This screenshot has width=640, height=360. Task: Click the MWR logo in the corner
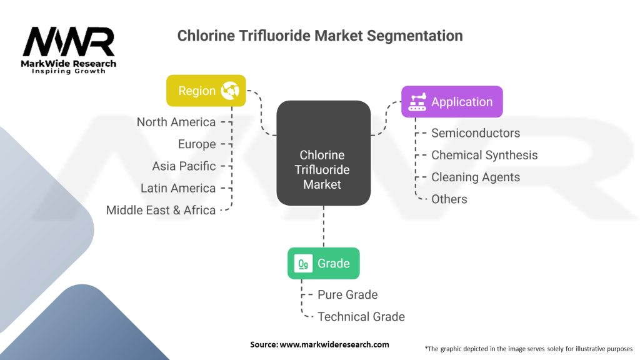69,49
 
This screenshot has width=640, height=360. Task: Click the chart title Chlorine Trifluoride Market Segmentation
320,36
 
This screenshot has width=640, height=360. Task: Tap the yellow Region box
206,91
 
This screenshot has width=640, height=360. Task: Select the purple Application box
451,102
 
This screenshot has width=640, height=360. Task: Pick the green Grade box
323,263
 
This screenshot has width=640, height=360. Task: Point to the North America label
176,122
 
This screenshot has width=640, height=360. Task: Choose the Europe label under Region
197,144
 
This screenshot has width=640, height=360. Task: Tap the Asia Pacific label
184,166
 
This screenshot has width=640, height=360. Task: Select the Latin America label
178,187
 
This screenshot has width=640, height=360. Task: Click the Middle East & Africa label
161,210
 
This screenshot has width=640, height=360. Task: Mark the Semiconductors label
476,132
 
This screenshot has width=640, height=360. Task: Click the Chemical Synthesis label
484,155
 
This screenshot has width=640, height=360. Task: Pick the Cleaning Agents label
476,177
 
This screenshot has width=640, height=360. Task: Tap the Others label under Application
449,199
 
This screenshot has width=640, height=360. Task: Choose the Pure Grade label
347,294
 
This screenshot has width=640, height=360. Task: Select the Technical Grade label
361,316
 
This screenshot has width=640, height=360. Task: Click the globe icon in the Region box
229,91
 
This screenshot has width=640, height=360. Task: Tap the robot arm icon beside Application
417,102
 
